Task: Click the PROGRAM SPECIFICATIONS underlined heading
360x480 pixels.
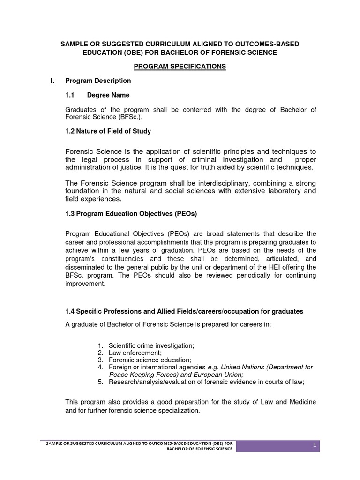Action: (x=180, y=67)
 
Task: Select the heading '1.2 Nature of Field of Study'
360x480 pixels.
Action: (x=108, y=131)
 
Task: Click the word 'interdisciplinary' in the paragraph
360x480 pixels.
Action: (x=219, y=182)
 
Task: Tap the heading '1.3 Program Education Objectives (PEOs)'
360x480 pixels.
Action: (x=131, y=214)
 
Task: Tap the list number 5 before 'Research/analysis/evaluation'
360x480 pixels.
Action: (x=100, y=382)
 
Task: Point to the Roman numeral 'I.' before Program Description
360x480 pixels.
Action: (x=53, y=81)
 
